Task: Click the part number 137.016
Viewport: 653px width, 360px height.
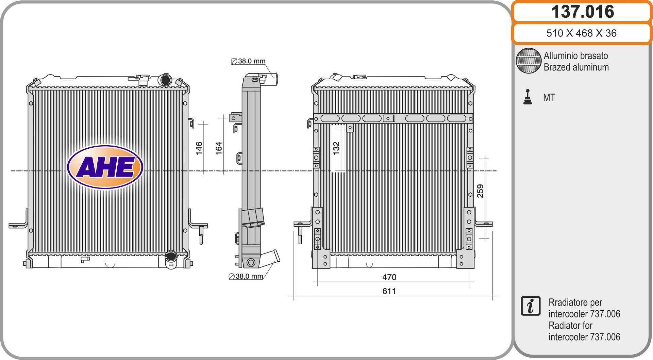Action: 583,12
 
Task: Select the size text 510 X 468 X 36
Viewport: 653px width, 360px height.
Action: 581,33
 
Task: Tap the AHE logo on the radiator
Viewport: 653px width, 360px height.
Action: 105,167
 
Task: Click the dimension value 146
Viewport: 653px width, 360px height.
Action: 199,148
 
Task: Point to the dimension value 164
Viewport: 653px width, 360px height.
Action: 219,148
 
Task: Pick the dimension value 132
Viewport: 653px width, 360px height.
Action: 336,148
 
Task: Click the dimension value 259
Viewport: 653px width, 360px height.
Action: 480,191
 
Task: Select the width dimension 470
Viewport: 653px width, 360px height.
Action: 389,277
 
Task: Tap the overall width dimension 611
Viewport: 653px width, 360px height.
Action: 389,291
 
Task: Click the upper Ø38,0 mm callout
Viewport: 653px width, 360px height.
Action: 248,61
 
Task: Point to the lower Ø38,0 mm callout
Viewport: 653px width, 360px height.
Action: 246,276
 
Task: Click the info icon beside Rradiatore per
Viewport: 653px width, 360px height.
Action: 531,306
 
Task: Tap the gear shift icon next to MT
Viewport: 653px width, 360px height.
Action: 528,97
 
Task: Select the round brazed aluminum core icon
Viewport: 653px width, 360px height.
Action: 529,61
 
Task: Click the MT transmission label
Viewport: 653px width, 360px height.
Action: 549,98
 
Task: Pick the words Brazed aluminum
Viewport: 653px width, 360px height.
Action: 576,67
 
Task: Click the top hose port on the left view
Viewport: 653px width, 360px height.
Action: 166,80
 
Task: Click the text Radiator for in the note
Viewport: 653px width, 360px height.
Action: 570,326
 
